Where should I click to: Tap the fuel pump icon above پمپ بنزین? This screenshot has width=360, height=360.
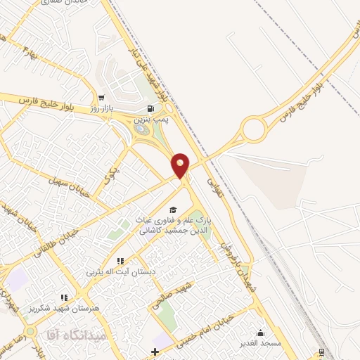(150, 109)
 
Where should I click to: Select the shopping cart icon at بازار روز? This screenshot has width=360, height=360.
(103, 98)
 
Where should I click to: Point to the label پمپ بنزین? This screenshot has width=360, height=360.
(150, 120)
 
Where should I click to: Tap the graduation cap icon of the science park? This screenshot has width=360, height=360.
(172, 210)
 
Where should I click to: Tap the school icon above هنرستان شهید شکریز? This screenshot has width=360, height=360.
(65, 298)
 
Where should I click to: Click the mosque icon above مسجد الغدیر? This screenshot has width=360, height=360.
(262, 333)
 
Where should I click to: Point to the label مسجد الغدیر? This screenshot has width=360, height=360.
(261, 343)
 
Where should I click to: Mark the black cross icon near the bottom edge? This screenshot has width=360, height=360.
(155, 351)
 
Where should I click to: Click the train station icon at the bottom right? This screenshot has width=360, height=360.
(322, 352)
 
